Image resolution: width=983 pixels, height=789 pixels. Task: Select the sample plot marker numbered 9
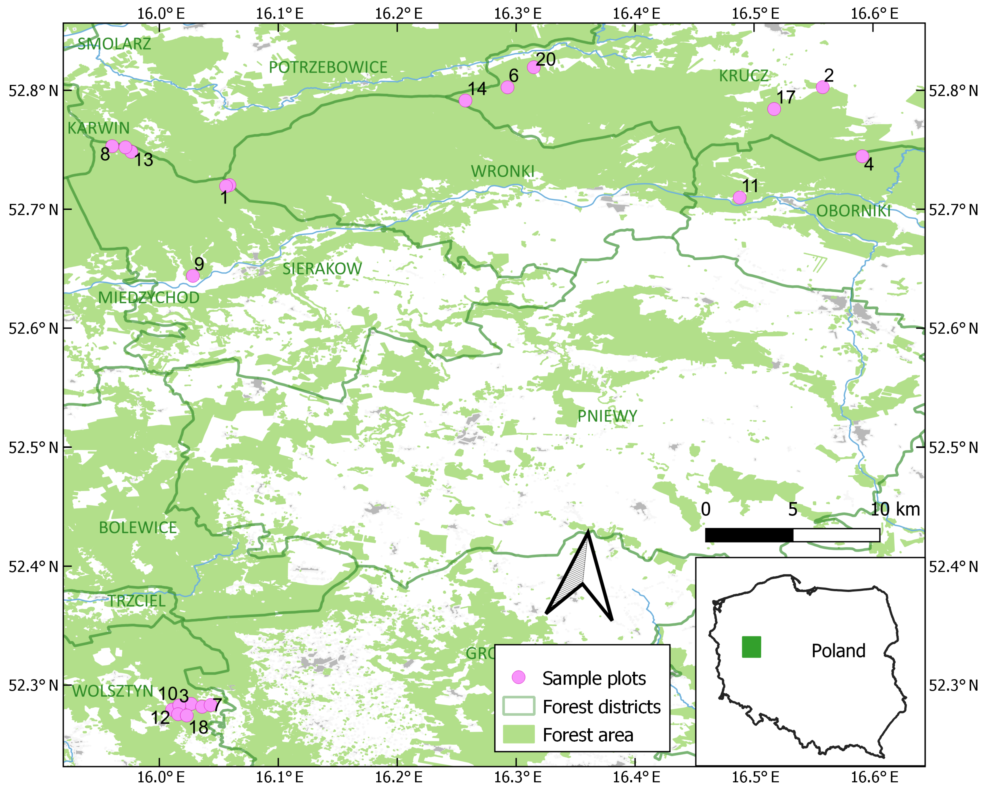(193, 276)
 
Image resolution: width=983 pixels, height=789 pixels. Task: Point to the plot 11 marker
(739, 197)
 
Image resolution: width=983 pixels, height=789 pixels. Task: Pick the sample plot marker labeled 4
(862, 156)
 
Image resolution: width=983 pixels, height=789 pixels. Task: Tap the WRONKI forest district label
(502, 171)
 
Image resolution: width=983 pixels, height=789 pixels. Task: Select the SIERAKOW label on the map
(322, 269)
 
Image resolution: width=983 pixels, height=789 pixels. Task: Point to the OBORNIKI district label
(853, 211)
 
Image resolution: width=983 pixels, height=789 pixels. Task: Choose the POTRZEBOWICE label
(328, 68)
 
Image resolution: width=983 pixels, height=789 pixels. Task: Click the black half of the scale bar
(749, 535)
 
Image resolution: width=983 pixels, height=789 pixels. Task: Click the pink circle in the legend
(519, 677)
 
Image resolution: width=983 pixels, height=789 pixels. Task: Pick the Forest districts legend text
(601, 706)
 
